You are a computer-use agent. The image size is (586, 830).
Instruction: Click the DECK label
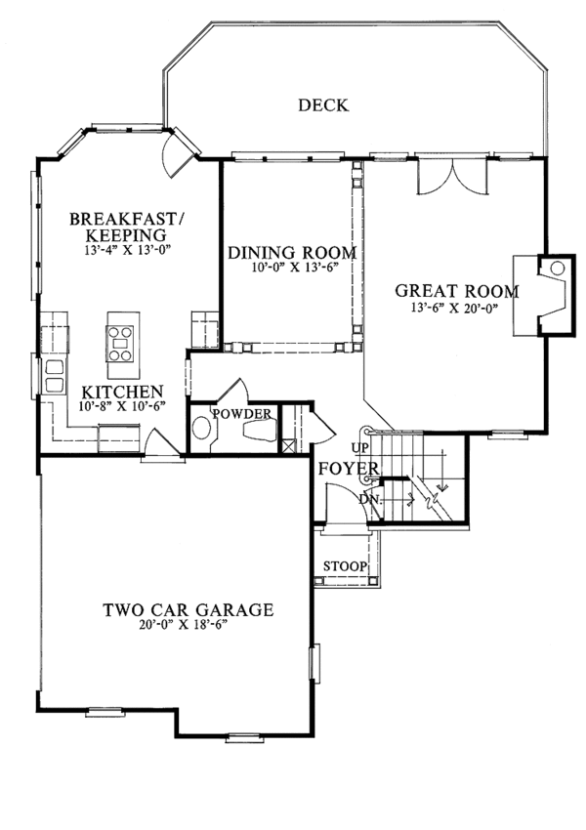pyautogui.click(x=323, y=105)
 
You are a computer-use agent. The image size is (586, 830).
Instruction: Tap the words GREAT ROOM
pyautogui.click(x=456, y=290)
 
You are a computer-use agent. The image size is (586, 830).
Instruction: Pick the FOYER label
pyautogui.click(x=349, y=471)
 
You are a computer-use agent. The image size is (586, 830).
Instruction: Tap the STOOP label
pyautogui.click(x=345, y=566)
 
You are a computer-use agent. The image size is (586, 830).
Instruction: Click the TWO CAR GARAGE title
pyautogui.click(x=188, y=610)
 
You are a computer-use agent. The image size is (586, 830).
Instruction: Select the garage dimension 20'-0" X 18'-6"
pyautogui.click(x=186, y=626)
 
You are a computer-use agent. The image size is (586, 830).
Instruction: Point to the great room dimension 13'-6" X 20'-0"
pyautogui.click(x=454, y=308)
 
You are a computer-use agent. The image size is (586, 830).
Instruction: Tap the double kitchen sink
pyautogui.click(x=53, y=374)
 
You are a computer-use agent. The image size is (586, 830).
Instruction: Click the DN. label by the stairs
pyautogui.click(x=368, y=499)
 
